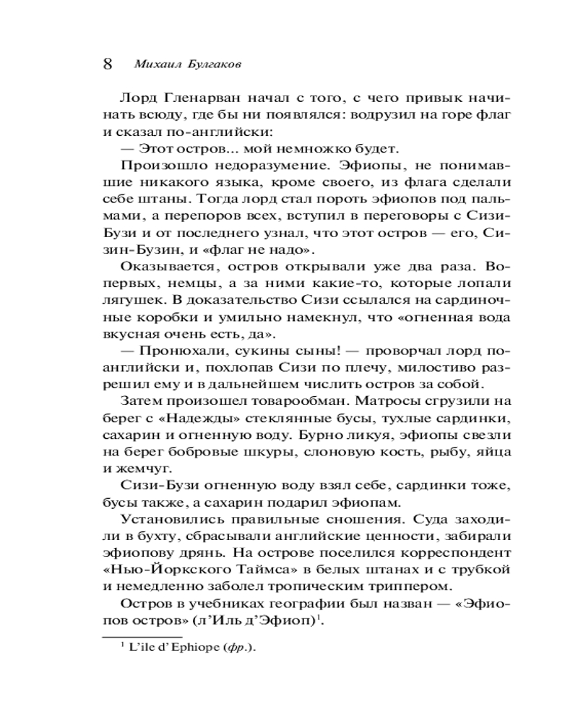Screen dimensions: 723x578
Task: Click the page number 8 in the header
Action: coord(108,63)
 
